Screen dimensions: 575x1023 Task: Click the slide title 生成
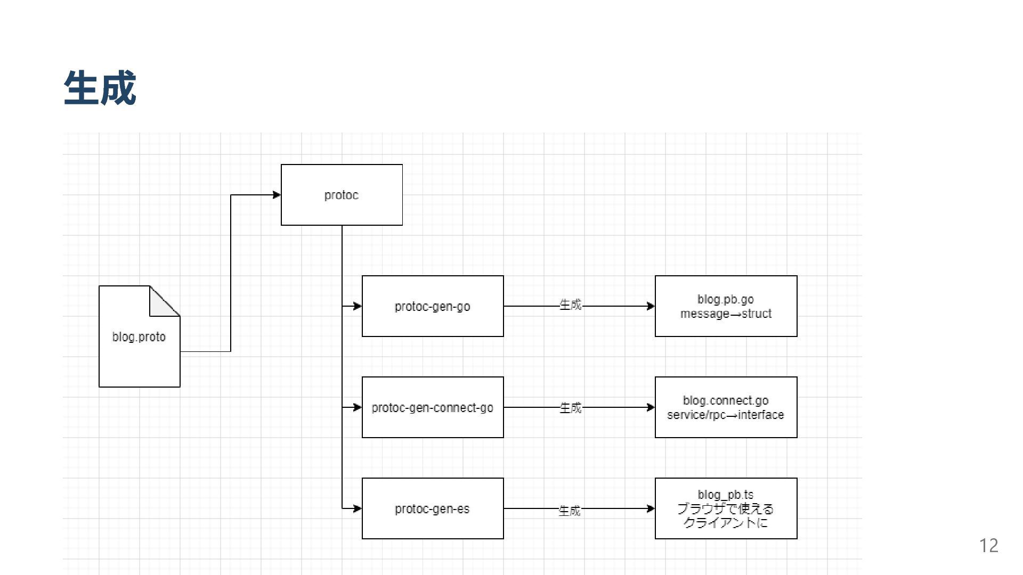[x=100, y=88]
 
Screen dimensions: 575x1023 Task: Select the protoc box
[x=342, y=195]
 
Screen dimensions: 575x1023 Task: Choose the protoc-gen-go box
[x=432, y=306]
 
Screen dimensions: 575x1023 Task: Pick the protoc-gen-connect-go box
[x=432, y=407]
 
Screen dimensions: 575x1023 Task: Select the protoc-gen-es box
[x=432, y=508]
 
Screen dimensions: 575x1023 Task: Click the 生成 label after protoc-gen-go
[x=570, y=305]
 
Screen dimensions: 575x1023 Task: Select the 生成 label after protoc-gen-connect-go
[x=570, y=408]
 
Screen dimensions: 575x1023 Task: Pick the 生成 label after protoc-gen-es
[x=570, y=511]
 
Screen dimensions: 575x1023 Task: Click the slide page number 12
[x=988, y=546]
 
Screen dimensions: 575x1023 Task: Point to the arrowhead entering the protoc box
[x=277, y=195]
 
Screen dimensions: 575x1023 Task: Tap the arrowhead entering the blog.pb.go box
[x=651, y=306]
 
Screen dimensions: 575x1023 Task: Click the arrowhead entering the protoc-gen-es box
[x=358, y=508]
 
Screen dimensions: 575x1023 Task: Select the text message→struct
[x=726, y=314]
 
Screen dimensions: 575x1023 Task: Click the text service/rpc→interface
[x=726, y=415]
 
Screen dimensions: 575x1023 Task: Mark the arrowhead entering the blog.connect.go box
[x=651, y=407]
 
